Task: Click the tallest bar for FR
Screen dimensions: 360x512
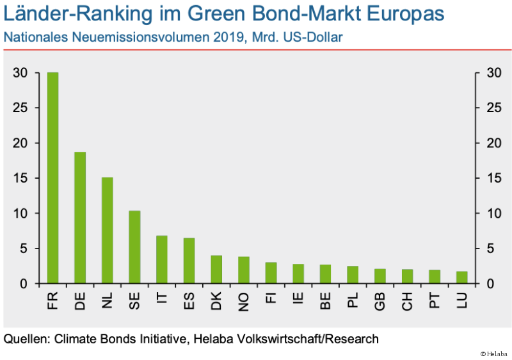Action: tap(52, 177)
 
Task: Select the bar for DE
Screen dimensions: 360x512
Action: tap(80, 217)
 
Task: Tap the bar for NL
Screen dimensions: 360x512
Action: tap(108, 230)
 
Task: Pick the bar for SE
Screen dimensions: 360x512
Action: tap(134, 247)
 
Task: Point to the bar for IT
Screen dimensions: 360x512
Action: tap(162, 259)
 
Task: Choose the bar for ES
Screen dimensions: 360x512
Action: tap(189, 260)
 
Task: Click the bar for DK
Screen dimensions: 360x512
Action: tap(216, 269)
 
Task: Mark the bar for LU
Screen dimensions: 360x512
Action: tap(461, 277)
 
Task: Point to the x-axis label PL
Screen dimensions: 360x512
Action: tap(353, 300)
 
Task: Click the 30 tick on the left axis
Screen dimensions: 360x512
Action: tap(20, 73)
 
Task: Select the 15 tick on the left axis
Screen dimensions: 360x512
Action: tap(20, 178)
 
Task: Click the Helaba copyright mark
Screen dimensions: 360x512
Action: tap(493, 353)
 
